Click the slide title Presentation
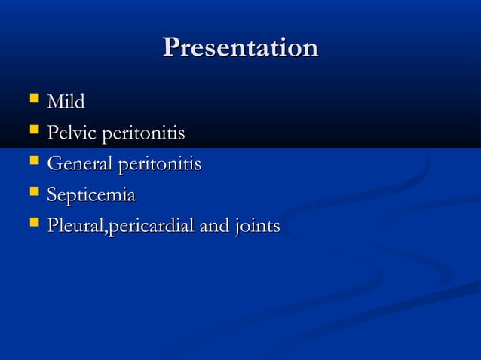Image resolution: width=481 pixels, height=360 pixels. pyautogui.click(x=240, y=48)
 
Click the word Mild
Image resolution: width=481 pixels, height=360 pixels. pyautogui.click(x=66, y=102)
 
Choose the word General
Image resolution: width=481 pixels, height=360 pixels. pyautogui.click(x=78, y=164)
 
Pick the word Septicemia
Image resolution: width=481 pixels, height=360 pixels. pyautogui.click(x=91, y=196)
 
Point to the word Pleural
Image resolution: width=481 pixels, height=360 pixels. pyautogui.click(x=76, y=226)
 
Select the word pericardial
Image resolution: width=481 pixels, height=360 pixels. pyautogui.click(x=152, y=226)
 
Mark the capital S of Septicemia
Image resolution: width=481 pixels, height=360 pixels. pyautogui.click(x=52, y=195)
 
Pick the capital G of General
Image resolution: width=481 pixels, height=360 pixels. pyautogui.click(x=54, y=164)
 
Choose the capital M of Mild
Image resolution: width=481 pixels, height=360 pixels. pyautogui.click(x=55, y=102)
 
